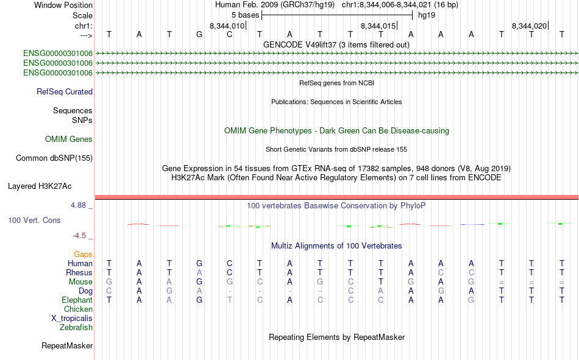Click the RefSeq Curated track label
coord(65,91)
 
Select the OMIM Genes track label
coord(69,139)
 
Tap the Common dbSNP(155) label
coord(54,158)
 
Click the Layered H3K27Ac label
coord(40,186)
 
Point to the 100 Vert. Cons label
coord(34,220)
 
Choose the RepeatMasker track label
coord(67,345)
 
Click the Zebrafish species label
coord(76,328)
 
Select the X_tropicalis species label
coord(72,319)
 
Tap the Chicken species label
coord(78,309)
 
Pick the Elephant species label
coord(77,300)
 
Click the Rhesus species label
coord(79,272)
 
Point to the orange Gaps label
coord(83,255)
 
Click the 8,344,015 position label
coord(378,26)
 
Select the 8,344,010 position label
coord(227,26)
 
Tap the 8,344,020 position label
coord(529,26)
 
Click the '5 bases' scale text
coord(246,15)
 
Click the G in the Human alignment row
coord(199,263)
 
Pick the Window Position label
coord(63,5)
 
